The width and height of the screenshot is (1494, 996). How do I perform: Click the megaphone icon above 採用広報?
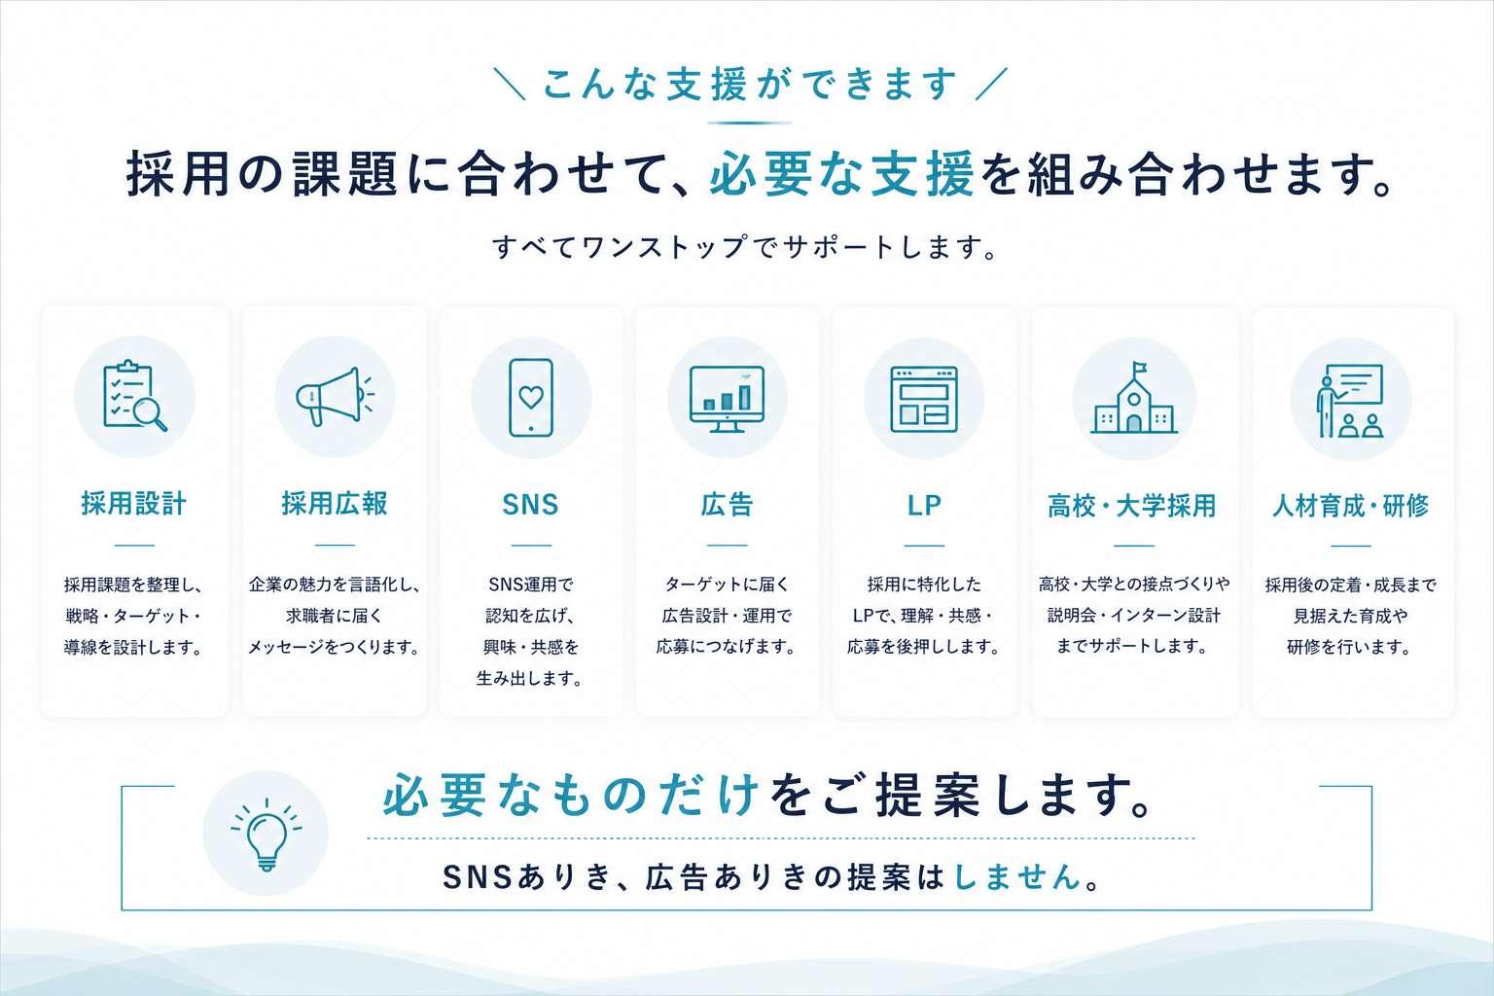(x=335, y=396)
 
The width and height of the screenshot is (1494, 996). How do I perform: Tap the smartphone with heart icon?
(x=531, y=398)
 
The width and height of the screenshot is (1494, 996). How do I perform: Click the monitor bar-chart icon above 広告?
(x=727, y=398)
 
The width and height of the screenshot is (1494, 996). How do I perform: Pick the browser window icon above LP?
(x=924, y=399)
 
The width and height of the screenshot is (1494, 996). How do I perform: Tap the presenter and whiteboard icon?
(x=1350, y=401)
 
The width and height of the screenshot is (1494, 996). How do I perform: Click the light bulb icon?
(x=267, y=834)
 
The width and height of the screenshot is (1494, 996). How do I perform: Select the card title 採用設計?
(x=134, y=504)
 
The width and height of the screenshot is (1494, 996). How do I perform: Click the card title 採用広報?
(x=335, y=504)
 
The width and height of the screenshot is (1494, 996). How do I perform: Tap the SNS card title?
(x=530, y=505)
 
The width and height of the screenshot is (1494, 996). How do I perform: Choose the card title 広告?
(x=727, y=505)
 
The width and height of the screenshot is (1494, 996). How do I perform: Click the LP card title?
(x=924, y=506)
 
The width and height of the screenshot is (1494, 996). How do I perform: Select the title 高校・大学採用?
(x=1132, y=506)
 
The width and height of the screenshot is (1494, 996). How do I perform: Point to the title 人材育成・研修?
(x=1351, y=506)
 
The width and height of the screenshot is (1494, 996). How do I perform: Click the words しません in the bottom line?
(x=1017, y=876)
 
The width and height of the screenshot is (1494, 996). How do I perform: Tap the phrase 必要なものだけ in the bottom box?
(x=571, y=796)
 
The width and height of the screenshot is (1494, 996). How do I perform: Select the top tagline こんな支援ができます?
(x=750, y=84)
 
